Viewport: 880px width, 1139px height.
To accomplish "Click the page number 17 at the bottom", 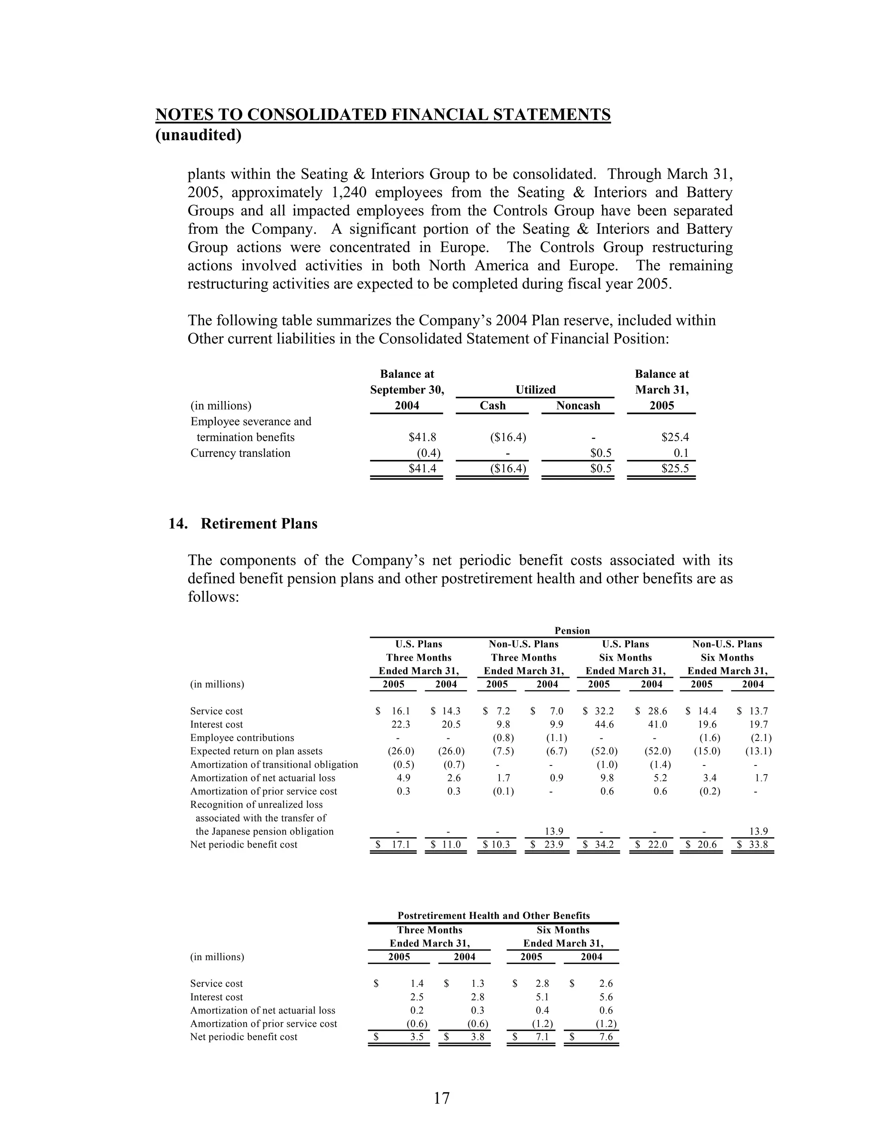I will [441, 1098].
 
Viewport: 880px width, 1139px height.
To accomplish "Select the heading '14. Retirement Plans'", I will [243, 524].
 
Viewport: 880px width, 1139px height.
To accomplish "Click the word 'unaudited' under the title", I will [199, 135].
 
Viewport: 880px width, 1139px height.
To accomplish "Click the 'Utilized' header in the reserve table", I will [535, 389].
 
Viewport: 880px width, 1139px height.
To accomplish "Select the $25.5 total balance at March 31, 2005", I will [675, 468].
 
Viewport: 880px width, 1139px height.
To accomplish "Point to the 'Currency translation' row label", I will [240, 453].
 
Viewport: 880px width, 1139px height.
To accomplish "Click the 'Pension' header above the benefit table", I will [572, 631].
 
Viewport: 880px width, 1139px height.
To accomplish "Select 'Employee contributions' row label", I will [242, 738].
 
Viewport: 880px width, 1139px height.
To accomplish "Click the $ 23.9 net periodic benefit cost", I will [547, 844].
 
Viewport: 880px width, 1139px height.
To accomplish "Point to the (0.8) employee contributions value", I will [503, 738].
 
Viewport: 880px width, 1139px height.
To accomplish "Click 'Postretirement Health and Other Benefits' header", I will [493, 915].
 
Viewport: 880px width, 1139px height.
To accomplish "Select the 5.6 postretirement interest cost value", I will [606, 997].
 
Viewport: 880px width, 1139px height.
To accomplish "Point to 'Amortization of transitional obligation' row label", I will [274, 765].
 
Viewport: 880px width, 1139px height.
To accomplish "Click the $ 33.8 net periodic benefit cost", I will [753, 844].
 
